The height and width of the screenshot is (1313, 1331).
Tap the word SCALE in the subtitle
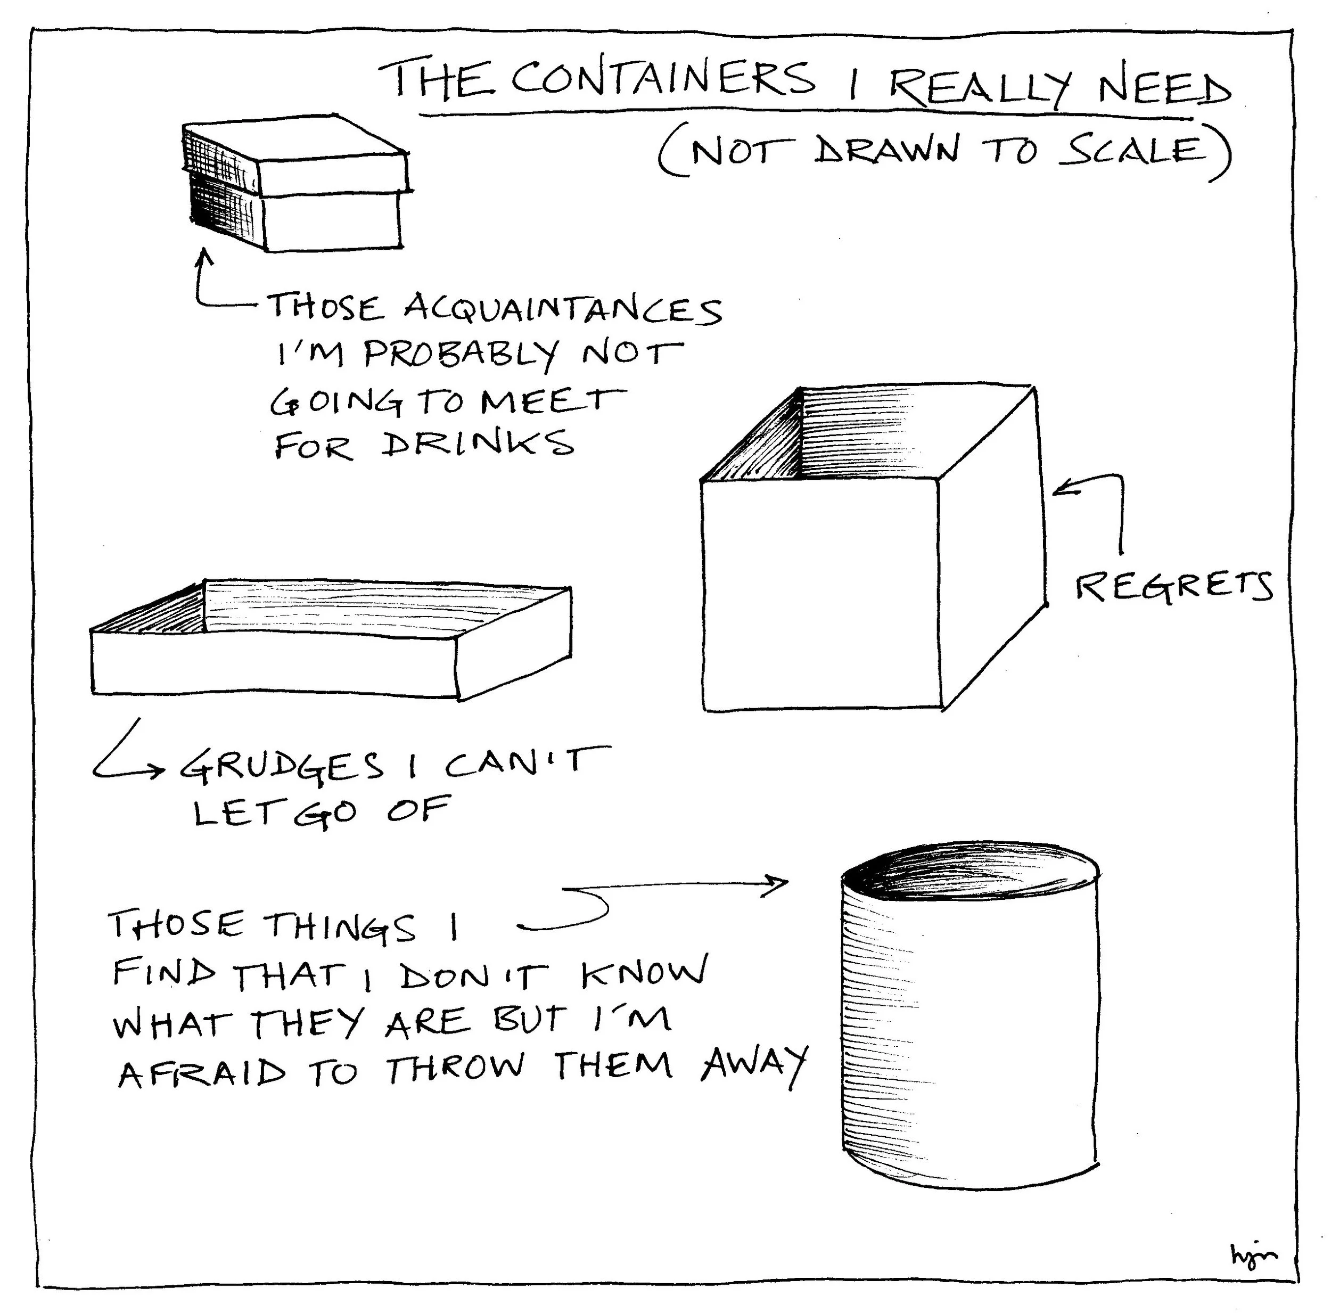click(1134, 151)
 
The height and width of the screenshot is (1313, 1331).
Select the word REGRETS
click(1174, 588)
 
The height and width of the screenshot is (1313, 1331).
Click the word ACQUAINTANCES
click(563, 309)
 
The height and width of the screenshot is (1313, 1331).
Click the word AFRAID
click(202, 1073)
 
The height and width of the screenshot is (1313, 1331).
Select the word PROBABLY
click(460, 355)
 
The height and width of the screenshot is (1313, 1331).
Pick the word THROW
click(455, 1070)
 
